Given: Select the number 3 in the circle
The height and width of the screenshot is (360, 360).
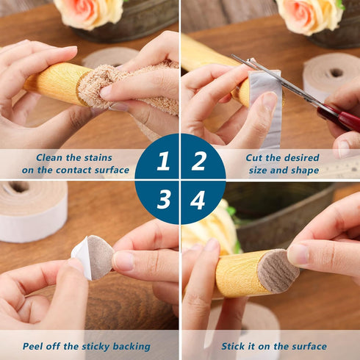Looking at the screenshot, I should tap(163, 199).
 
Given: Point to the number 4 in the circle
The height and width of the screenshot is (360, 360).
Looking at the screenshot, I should tap(198, 199).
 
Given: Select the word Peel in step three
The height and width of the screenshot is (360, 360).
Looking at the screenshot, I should tap(35, 346).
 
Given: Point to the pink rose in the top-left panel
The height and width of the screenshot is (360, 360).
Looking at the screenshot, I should tap(89, 12).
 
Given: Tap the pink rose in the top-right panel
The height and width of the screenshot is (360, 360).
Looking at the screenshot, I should tap(309, 15).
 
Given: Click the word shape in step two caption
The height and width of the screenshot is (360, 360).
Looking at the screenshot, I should tap(304, 170).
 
